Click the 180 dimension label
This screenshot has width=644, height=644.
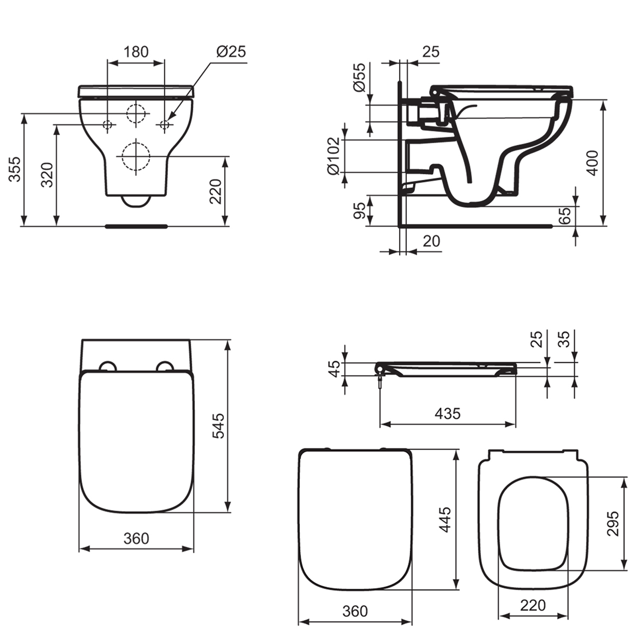click(136, 52)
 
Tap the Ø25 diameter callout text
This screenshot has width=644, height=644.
click(231, 52)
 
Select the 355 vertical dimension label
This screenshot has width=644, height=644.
click(15, 169)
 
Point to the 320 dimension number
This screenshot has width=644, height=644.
click(47, 175)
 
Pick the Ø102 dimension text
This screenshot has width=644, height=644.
click(334, 156)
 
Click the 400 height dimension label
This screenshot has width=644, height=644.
click(593, 163)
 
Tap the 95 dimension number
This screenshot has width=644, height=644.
click(360, 211)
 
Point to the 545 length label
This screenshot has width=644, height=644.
click(219, 426)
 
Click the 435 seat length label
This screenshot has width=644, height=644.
click(448, 414)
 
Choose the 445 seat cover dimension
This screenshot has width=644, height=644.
click(445, 520)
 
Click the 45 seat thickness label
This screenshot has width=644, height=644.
click(334, 369)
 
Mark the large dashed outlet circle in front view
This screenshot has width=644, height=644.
click(136, 156)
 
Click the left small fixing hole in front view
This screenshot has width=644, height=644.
click(107, 125)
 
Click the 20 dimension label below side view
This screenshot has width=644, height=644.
click(431, 241)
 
